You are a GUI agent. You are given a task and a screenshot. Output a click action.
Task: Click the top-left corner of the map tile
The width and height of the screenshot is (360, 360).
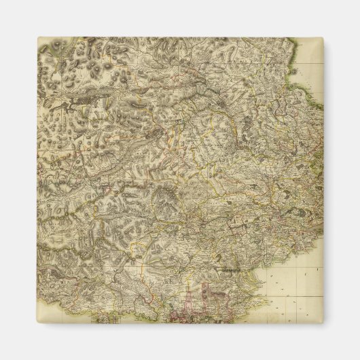[37, 38]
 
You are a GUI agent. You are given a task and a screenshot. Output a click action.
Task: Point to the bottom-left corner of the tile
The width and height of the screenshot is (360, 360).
[37, 323]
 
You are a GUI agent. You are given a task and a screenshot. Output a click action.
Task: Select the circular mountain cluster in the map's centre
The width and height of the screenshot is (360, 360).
[164, 198]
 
